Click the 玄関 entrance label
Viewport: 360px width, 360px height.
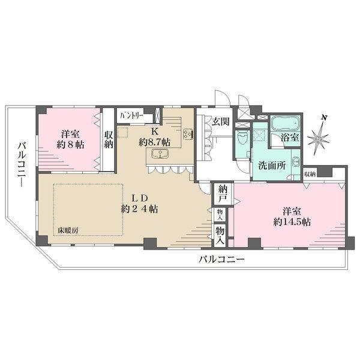220,121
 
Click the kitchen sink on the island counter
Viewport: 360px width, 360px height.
161,155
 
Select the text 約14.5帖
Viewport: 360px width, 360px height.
291,222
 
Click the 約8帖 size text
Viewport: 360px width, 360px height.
70,145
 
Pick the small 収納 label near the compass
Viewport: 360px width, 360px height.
310,174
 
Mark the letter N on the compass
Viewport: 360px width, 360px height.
324,118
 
